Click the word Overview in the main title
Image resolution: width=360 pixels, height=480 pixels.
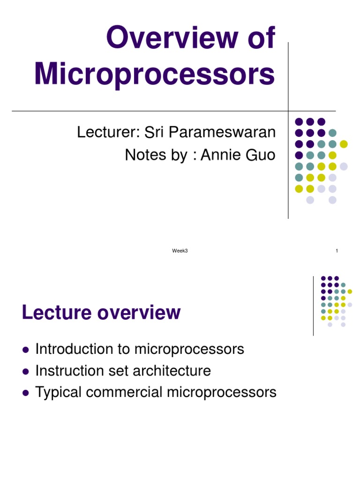click(172, 37)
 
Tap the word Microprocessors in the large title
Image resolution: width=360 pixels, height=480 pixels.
click(155, 75)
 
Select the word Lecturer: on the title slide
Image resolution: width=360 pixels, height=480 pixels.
click(108, 132)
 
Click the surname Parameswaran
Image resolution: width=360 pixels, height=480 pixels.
click(222, 132)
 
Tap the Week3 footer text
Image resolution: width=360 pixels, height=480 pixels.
click(180, 251)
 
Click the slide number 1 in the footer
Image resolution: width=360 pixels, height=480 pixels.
click(337, 251)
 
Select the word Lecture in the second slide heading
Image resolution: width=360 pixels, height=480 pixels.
click(57, 312)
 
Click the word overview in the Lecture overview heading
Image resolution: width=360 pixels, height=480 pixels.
click(139, 313)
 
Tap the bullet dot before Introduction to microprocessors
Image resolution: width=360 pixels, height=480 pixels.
click(26, 350)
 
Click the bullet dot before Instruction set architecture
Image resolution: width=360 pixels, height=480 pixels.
click(26, 372)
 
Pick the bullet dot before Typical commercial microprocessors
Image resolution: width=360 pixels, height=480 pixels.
click(26, 393)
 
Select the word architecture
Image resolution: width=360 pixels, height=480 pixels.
click(172, 371)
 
